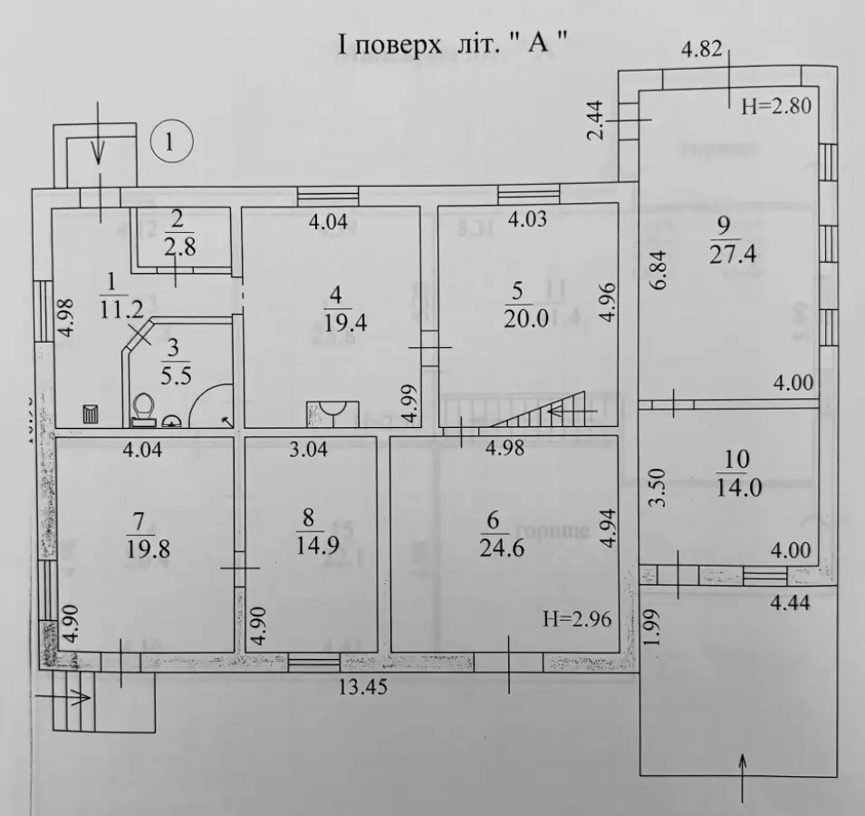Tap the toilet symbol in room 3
point(143,409)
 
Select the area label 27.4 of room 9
point(734,254)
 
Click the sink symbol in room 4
point(331,412)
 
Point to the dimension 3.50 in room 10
point(659,488)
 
